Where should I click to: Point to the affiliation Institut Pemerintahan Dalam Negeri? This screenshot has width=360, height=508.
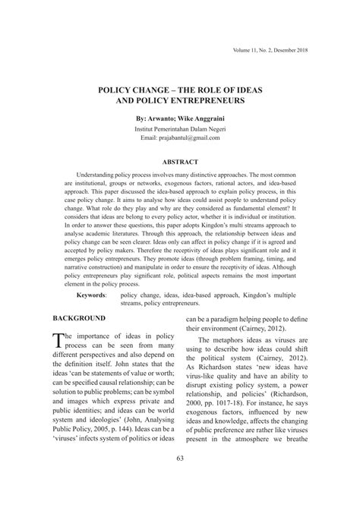coord(179,129)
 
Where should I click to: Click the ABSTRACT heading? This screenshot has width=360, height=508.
coord(179,162)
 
